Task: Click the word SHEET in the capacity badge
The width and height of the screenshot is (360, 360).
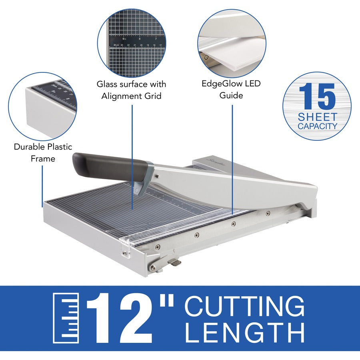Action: pos(317,117)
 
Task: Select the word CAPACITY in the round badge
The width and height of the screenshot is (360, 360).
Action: pos(317,126)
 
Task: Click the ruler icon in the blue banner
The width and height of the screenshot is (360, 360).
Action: pos(66,318)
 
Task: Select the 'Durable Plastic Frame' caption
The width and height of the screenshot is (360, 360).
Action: pos(43,152)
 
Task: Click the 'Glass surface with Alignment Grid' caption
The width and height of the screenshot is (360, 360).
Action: pos(131,90)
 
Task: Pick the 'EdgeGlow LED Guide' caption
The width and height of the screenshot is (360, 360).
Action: pos(231,90)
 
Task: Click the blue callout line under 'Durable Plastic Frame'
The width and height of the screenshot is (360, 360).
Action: pos(42,186)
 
